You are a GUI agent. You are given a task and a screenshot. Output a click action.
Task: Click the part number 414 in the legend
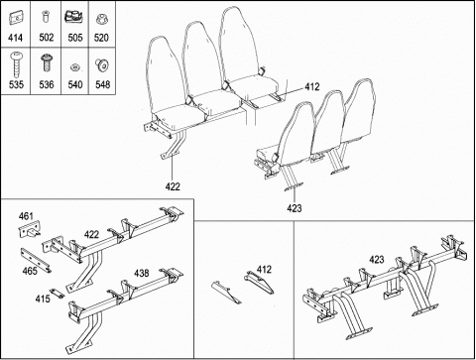tap(15, 38)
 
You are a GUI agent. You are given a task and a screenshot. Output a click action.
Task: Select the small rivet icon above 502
tap(46, 16)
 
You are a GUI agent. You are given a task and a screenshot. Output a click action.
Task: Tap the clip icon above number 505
tap(74, 17)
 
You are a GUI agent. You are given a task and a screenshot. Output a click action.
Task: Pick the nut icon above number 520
tap(101, 19)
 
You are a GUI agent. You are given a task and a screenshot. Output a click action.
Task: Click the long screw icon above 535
tap(15, 64)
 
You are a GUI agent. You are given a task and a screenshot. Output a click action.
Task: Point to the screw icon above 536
tap(47, 62)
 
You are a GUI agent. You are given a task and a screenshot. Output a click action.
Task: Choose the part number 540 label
tap(75, 84)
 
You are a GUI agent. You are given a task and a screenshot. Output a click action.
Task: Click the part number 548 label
tap(102, 84)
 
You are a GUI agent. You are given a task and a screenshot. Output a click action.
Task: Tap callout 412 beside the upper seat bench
tap(312, 87)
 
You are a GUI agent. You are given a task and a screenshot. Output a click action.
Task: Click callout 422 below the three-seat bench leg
tap(173, 186)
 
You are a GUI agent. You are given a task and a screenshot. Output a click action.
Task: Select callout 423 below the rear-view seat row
tap(295, 208)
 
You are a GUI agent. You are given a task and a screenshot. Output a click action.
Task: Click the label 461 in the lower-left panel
tap(26, 216)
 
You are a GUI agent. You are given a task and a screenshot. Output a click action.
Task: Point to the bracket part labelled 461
tap(30, 229)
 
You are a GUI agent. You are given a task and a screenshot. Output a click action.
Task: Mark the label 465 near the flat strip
tap(30, 271)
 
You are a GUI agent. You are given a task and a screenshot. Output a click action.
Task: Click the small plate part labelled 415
tap(57, 293)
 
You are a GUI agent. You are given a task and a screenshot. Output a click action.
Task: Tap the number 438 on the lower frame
tap(142, 273)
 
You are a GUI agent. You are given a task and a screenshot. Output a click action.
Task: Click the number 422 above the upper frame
tap(91, 234)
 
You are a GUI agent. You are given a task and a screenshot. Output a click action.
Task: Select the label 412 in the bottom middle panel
tap(264, 270)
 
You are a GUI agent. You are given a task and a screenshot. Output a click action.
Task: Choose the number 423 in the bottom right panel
tap(377, 260)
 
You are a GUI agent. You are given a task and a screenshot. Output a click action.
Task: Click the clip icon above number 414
tap(15, 18)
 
